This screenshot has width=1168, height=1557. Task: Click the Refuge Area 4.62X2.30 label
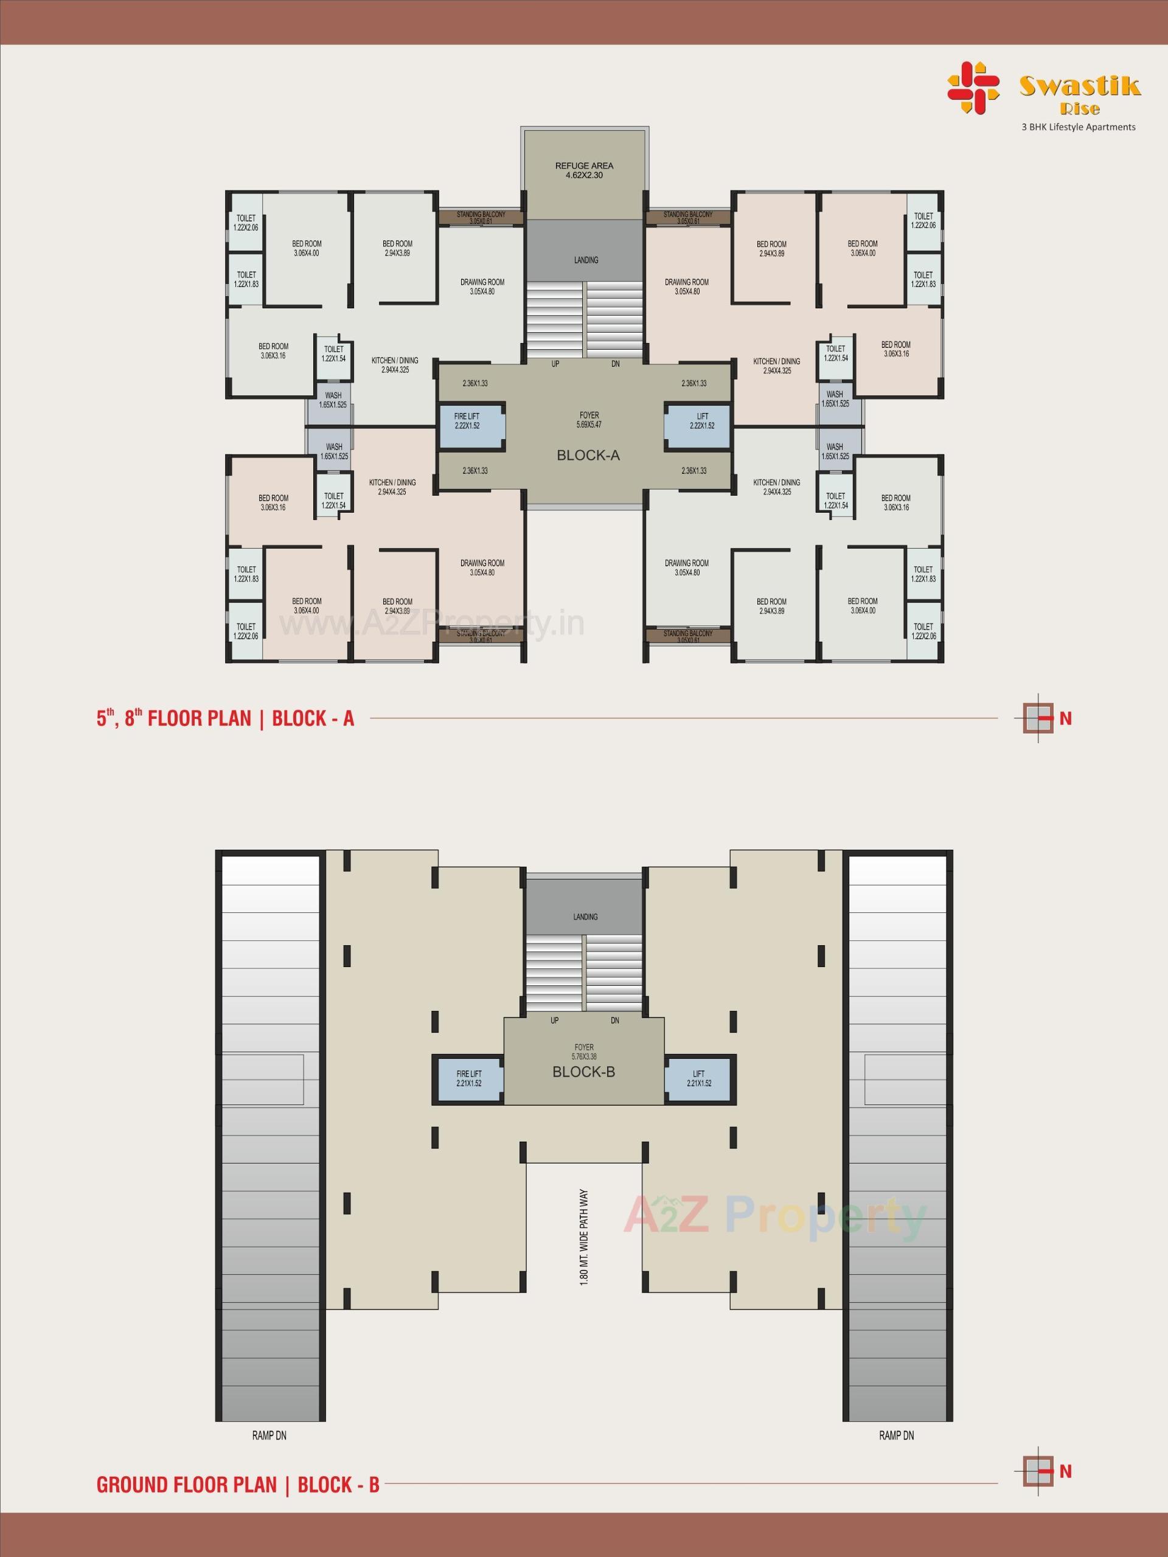[583, 170]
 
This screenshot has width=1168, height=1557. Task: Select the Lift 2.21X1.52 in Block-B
[698, 1078]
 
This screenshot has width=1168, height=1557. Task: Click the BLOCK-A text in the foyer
[588, 456]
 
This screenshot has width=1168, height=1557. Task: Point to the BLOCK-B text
[583, 1072]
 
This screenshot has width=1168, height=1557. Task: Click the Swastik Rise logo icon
[972, 88]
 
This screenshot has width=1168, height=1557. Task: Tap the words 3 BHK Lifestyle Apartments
[1078, 127]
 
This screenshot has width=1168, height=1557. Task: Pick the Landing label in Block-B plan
[585, 917]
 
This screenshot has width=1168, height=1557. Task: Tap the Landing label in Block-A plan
[586, 260]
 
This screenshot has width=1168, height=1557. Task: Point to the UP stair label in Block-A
[555, 364]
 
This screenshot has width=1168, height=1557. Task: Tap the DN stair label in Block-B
[614, 1021]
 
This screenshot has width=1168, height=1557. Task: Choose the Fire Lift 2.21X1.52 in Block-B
[469, 1078]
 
